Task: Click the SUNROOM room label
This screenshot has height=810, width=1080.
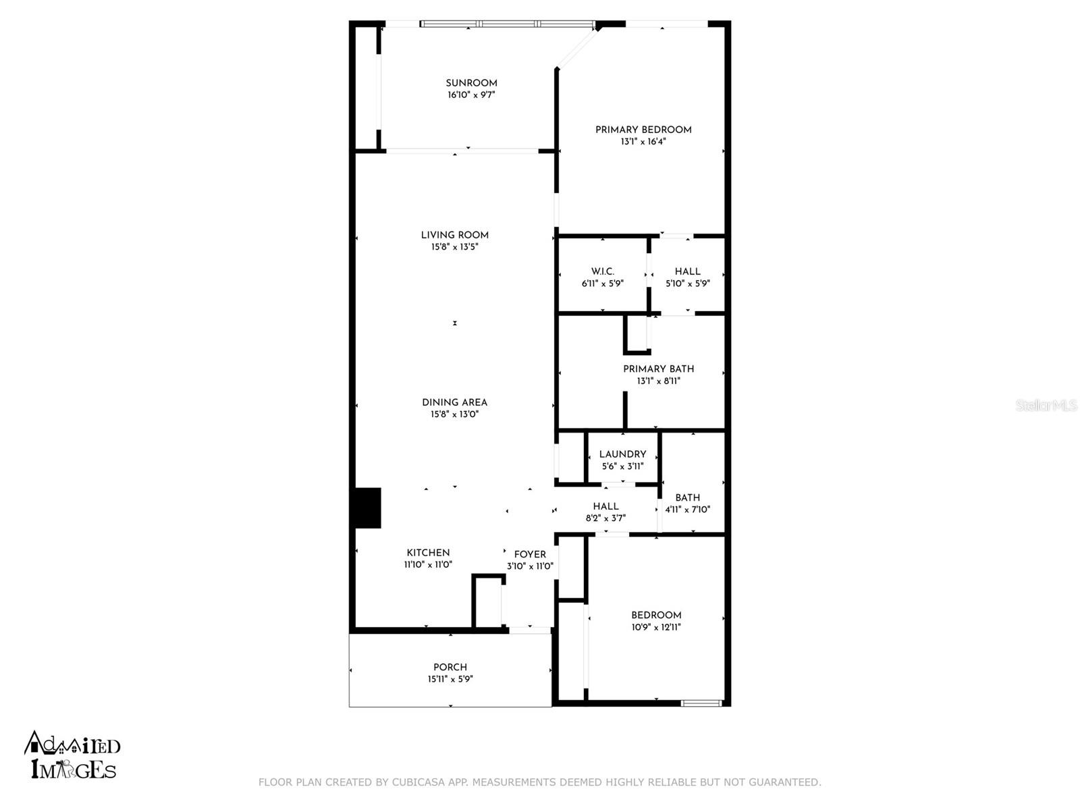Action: tap(471, 83)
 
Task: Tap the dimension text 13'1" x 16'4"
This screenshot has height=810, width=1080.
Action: tap(643, 142)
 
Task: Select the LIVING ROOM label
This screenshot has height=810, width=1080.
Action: tap(454, 235)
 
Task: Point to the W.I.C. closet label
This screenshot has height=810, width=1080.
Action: tap(602, 271)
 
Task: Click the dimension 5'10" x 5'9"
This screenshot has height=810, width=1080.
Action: tap(687, 283)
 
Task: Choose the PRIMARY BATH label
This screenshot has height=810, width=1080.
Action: tap(658, 369)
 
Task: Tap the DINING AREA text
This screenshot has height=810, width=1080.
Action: tap(454, 402)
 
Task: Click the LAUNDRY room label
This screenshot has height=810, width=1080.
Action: tap(622, 454)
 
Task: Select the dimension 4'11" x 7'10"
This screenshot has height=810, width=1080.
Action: tap(687, 510)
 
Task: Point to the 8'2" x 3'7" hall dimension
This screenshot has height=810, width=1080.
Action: tap(605, 518)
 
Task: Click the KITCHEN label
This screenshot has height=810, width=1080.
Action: tap(428, 552)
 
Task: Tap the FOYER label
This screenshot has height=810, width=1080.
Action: tap(530, 554)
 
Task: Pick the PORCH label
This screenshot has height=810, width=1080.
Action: tap(450, 667)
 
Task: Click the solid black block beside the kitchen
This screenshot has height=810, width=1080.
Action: tap(368, 508)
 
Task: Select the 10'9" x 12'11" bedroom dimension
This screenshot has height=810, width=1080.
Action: tap(656, 627)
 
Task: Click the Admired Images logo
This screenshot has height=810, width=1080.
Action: tap(73, 755)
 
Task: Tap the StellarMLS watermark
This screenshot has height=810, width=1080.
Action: tap(1046, 405)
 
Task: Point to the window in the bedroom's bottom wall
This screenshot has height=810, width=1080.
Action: tap(701, 703)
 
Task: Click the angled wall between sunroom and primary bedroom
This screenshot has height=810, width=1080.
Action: tap(577, 47)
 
